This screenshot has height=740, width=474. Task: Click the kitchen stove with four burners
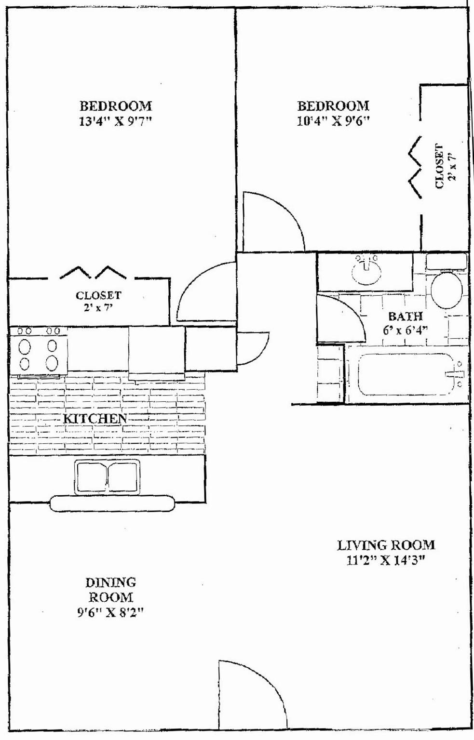38,352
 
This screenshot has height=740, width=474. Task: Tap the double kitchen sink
108,477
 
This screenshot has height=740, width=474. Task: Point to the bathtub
406,374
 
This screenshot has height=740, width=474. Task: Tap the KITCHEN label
95,419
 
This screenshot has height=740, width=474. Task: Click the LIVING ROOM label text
386,545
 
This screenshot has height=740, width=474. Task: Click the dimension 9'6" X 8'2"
110,612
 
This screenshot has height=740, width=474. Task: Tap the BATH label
405,317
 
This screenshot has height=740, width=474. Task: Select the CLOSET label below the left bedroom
98,295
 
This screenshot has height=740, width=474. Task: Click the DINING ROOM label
110,590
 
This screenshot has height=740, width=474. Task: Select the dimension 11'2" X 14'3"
386,560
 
